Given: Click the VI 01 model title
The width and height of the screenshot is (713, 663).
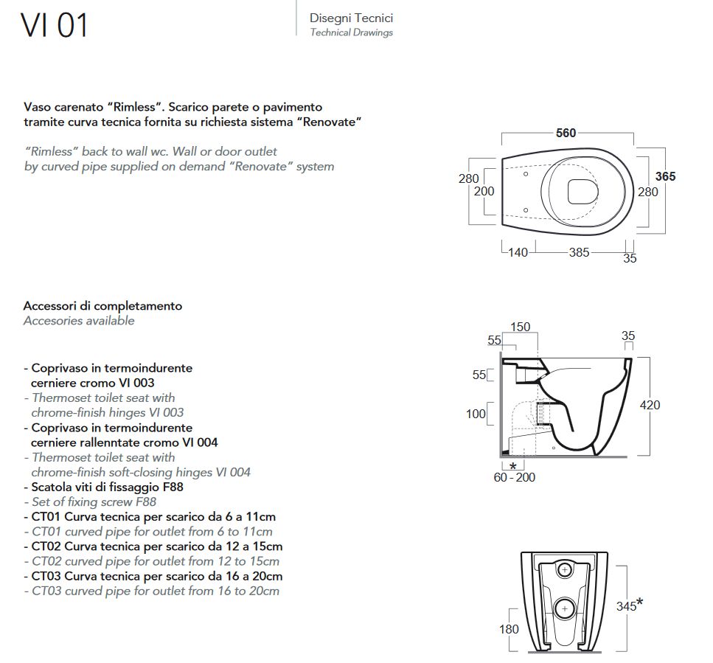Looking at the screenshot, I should tap(55, 25).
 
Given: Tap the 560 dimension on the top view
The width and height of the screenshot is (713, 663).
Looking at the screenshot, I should tap(566, 133).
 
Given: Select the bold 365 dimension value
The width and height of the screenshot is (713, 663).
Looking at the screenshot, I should tap(665, 176).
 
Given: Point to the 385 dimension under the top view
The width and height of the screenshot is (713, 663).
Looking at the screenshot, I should tap(579, 252).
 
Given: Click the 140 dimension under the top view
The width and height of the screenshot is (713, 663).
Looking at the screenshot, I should tap(518, 252).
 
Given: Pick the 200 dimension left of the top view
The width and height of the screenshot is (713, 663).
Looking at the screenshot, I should tap(484, 191).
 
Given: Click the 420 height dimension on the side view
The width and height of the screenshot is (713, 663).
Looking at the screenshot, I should tap(650, 405).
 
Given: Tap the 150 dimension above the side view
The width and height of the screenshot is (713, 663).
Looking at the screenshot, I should tap(521, 327).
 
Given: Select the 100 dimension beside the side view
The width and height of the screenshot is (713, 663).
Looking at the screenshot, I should tap(476, 414).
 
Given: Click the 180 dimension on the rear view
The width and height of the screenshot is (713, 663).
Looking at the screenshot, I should tap(509, 629).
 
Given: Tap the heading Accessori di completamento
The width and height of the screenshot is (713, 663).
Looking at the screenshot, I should tap(102, 305).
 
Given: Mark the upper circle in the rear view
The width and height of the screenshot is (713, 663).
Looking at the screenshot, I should tap(565, 569).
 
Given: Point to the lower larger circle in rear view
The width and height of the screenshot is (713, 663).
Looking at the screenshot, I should tap(565, 608).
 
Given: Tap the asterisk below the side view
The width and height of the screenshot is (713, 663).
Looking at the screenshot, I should tap(512, 466).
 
